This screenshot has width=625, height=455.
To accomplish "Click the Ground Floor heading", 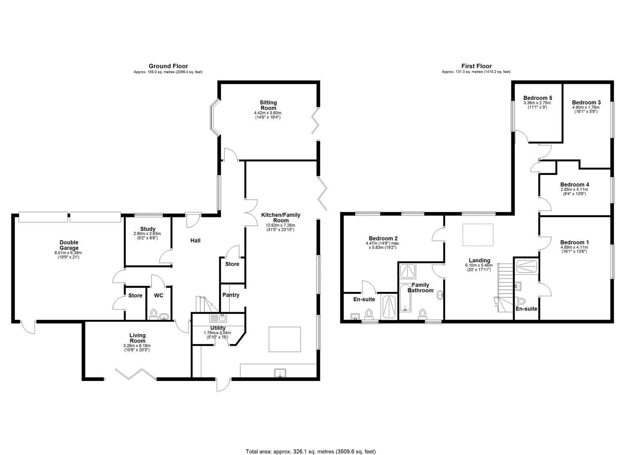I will [x=168, y=66].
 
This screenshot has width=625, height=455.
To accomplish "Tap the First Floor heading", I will [x=476, y=66].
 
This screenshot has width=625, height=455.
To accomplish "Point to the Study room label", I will [x=148, y=229].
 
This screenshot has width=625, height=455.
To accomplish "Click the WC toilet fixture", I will [x=154, y=314].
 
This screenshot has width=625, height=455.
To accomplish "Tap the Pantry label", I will [x=231, y=295].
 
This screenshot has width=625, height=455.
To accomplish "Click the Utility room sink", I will [x=218, y=318].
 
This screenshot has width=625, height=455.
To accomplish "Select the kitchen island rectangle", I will [x=285, y=339].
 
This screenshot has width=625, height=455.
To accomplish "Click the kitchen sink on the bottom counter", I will [x=280, y=372].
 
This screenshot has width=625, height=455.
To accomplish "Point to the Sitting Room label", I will [x=268, y=105].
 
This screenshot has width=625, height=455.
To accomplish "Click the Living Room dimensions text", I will [x=137, y=348].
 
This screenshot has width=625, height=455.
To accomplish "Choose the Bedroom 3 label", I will [x=586, y=102].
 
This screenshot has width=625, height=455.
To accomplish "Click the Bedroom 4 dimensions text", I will [x=574, y=192].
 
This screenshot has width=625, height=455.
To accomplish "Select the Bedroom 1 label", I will [x=574, y=242].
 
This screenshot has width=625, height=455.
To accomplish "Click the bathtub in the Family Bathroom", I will [x=405, y=298].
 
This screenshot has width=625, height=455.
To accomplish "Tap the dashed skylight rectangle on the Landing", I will [x=478, y=234].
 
